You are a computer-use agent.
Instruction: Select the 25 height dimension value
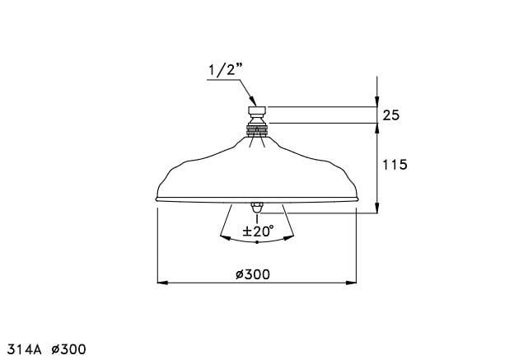[x=391, y=115]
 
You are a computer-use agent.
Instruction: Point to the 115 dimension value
[x=395, y=165]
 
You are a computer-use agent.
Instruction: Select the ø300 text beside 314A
[x=68, y=349]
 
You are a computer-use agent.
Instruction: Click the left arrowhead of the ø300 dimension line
[x=161, y=282]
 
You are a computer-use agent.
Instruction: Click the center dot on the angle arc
[x=257, y=242]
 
